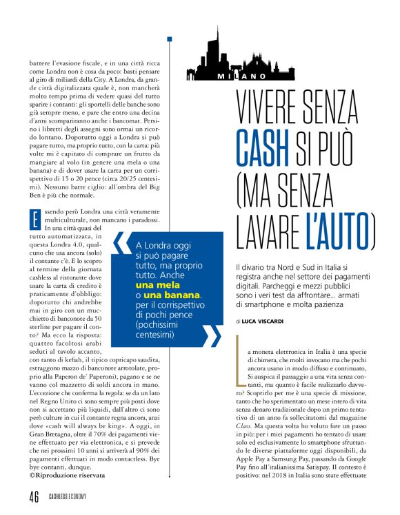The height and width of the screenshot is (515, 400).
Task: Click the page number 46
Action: [34, 498]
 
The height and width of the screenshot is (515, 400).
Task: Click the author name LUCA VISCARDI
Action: [267, 322]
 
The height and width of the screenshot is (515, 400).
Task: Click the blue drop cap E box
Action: [33, 222]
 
